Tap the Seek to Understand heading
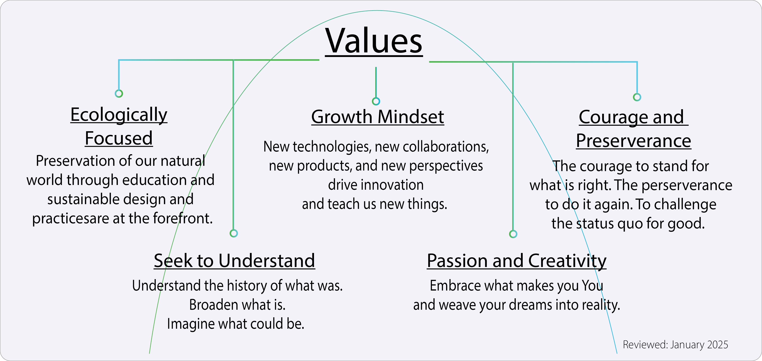(234, 261)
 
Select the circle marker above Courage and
(637, 97)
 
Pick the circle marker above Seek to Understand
(234, 233)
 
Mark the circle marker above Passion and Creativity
(513, 234)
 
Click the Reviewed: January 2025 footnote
(675, 345)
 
